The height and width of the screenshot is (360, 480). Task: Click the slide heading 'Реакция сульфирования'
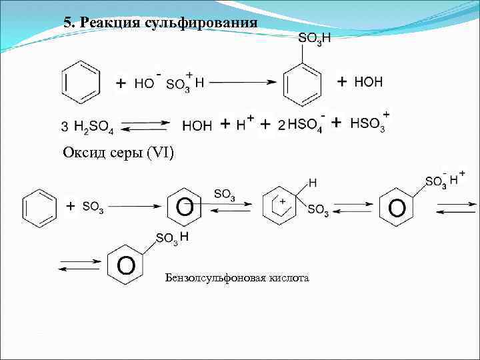[169, 22]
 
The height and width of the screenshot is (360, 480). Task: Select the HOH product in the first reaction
[368, 82]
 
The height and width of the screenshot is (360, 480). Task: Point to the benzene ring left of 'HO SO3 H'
[81, 82]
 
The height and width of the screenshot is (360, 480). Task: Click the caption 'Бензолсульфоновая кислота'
[237, 277]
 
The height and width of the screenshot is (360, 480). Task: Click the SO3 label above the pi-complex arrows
[224, 194]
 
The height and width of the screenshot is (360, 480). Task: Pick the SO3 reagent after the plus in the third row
[93, 207]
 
